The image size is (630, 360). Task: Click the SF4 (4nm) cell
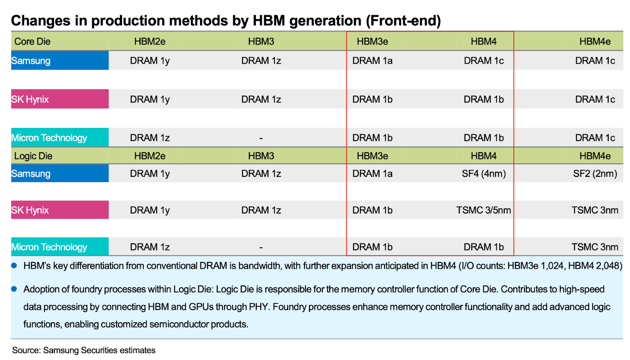click(x=484, y=174)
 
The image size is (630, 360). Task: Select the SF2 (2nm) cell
click(x=595, y=174)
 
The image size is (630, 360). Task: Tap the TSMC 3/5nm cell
click(x=484, y=210)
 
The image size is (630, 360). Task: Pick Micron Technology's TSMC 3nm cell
click(x=595, y=247)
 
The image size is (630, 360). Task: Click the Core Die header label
click(x=32, y=41)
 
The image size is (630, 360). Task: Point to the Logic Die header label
click(x=33, y=156)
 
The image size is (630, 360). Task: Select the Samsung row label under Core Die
click(x=31, y=61)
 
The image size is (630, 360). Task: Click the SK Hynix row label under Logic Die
click(x=30, y=210)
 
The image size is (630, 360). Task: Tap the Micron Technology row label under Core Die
click(x=49, y=138)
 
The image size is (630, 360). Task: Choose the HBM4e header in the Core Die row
click(x=595, y=41)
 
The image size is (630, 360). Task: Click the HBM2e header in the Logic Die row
click(x=150, y=156)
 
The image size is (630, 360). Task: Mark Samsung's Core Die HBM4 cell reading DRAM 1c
click(x=484, y=61)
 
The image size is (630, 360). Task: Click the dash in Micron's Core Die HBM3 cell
click(x=261, y=138)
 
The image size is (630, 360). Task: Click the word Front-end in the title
click(x=403, y=20)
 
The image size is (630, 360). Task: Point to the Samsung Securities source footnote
click(x=83, y=350)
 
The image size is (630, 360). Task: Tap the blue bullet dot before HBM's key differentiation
click(x=14, y=265)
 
